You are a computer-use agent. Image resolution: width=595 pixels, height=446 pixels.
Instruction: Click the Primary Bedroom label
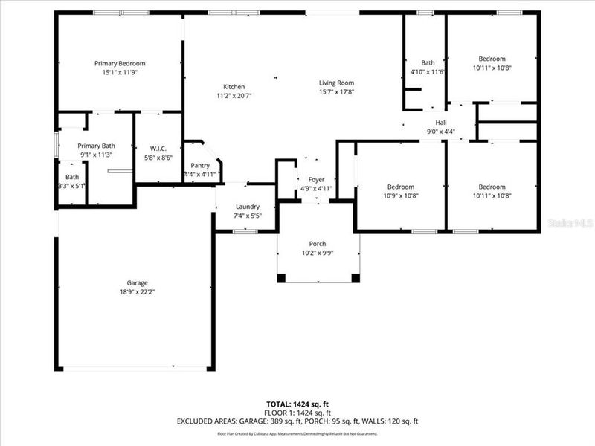(x=119, y=63)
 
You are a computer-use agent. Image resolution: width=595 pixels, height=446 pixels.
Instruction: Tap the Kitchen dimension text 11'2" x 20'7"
(x=234, y=96)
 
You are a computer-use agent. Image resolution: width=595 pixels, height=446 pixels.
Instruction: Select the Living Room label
(x=336, y=83)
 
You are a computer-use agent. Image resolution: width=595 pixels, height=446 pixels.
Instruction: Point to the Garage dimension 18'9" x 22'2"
(x=137, y=292)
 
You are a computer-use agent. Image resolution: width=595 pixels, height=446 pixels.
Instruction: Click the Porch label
(x=318, y=244)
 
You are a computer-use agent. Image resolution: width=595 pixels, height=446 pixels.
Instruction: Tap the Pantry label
(x=200, y=165)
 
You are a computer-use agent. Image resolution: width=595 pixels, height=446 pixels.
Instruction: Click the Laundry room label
(x=247, y=207)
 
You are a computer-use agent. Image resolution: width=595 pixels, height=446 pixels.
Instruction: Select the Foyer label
(x=316, y=179)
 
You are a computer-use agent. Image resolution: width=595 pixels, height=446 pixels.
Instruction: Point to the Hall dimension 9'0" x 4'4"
(x=440, y=132)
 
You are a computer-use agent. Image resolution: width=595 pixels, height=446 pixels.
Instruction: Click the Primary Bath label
(x=97, y=146)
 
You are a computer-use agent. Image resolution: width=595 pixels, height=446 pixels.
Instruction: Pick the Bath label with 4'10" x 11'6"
(x=428, y=62)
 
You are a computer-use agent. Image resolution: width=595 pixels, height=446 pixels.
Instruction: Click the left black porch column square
(x=281, y=278)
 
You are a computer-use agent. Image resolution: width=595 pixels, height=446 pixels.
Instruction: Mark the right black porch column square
(x=356, y=278)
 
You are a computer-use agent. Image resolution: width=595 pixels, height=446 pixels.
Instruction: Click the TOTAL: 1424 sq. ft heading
(x=297, y=404)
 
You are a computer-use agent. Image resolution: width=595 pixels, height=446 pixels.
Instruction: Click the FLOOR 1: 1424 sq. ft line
(x=297, y=413)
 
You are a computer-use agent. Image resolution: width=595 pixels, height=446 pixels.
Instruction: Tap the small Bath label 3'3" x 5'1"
(x=72, y=177)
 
